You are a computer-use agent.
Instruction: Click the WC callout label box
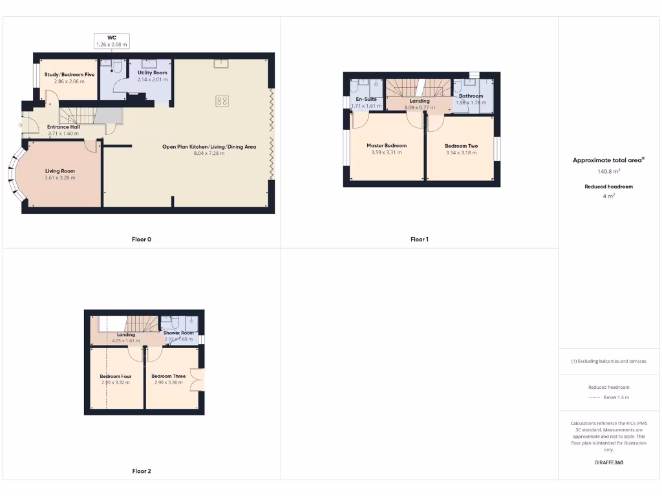point(112,41)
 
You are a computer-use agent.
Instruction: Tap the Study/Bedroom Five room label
point(69,75)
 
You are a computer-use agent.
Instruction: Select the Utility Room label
point(152,73)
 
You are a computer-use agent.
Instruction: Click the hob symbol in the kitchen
point(222,101)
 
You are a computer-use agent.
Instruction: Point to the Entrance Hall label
point(63,127)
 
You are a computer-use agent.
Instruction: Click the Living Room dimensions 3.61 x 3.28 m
point(60,178)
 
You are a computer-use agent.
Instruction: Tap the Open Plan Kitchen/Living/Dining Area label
point(209,147)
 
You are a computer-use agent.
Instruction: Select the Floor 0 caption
point(142,240)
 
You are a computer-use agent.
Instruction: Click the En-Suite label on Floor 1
point(366,99)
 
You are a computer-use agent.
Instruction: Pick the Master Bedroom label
point(387,146)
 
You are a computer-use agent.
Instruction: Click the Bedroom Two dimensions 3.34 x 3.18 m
point(462,153)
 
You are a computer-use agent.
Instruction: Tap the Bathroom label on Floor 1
point(471,96)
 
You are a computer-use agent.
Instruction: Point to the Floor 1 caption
point(419,240)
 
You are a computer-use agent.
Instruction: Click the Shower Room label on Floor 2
point(178,333)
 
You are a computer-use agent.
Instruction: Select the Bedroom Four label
point(115,376)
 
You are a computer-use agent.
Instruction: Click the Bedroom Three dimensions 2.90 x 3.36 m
point(169,382)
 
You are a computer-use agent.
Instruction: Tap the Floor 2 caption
point(142,471)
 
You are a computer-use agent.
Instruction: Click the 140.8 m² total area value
point(609,172)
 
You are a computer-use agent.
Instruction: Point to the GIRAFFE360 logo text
point(608,462)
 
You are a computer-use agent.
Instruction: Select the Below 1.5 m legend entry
point(616,397)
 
